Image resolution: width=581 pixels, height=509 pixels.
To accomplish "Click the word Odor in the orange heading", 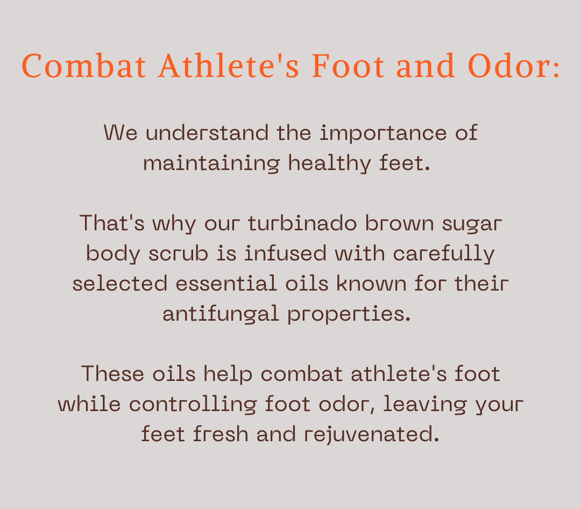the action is pyautogui.click(x=509, y=66).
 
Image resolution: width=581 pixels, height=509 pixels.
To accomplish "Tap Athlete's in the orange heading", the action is pyautogui.click(x=229, y=66).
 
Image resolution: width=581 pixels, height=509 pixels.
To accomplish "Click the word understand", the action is pyautogui.click(x=207, y=133).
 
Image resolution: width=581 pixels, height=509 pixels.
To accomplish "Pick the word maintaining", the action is pyautogui.click(x=211, y=163).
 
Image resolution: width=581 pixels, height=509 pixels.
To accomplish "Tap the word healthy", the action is pyautogui.click(x=329, y=163).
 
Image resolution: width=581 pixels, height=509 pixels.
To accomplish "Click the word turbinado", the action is pyautogui.click(x=302, y=223).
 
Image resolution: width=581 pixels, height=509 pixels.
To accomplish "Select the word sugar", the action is pyautogui.click(x=472, y=225).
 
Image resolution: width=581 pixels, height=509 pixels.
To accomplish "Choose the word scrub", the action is pyautogui.click(x=178, y=253).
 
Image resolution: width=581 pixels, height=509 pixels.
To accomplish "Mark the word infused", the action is pyautogui.click(x=285, y=253).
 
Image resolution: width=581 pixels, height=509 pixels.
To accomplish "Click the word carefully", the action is pyautogui.click(x=444, y=254).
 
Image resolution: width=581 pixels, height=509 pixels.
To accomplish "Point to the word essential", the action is pyautogui.click(x=226, y=284).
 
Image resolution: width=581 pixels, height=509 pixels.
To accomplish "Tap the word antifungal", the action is pyautogui.click(x=221, y=314).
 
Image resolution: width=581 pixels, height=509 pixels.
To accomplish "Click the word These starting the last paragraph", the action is pyautogui.click(x=112, y=374).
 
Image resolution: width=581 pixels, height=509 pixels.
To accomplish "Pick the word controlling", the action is pyautogui.click(x=193, y=404).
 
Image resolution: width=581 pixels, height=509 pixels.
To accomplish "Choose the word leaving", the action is pyautogui.click(x=424, y=404).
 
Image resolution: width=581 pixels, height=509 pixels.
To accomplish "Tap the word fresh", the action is pyautogui.click(x=221, y=434).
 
